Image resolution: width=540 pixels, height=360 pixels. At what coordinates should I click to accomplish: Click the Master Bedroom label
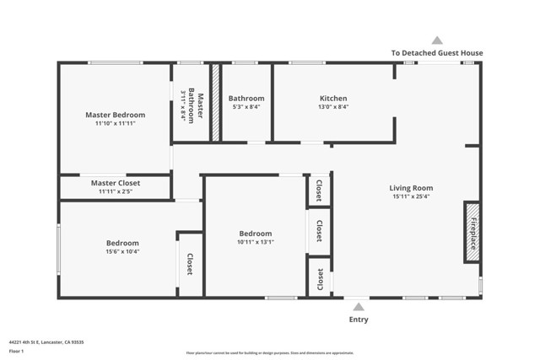[x=116, y=115]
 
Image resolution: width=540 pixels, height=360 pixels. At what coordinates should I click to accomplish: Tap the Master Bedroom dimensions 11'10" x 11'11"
[x=116, y=123]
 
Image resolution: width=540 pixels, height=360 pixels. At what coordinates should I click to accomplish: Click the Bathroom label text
[x=246, y=99]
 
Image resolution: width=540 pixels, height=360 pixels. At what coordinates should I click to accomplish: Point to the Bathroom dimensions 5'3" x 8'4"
[x=246, y=107]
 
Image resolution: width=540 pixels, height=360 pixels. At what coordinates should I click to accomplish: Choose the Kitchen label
[x=332, y=99]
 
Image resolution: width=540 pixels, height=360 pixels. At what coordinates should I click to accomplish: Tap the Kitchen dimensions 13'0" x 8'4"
[x=332, y=107]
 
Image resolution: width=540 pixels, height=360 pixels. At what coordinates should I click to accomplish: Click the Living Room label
[x=411, y=188]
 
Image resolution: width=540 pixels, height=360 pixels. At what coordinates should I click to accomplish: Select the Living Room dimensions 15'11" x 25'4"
[x=411, y=196]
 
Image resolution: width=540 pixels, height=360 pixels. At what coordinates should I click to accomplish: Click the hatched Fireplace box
[x=472, y=231]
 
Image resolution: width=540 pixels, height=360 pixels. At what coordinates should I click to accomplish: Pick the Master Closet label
[x=116, y=183]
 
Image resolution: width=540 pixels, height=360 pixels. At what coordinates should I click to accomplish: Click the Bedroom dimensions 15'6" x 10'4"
[x=122, y=251]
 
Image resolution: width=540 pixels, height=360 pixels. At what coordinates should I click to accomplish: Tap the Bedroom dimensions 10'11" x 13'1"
[x=256, y=242]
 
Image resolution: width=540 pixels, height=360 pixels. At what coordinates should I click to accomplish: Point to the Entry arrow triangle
[x=359, y=307]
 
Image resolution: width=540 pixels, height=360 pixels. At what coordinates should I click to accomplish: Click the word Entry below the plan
[x=359, y=320]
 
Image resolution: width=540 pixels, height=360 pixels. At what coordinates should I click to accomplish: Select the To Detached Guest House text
[x=437, y=52]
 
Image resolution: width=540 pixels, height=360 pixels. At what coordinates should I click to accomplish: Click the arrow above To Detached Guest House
[x=437, y=40]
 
